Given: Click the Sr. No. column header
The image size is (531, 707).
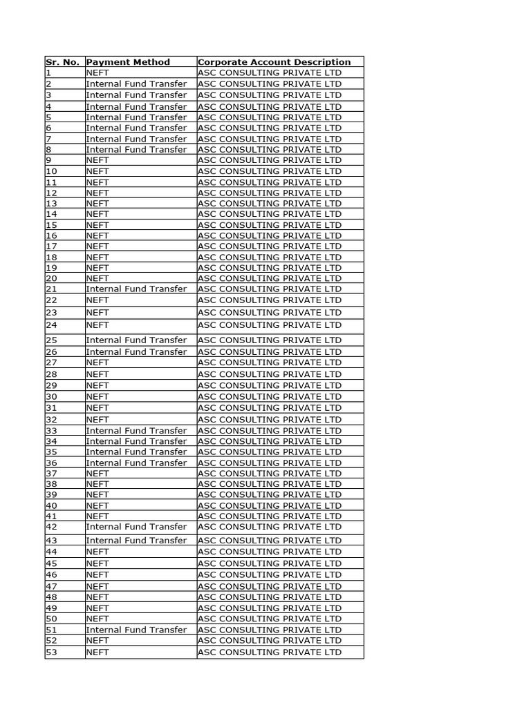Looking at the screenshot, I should point(63,62).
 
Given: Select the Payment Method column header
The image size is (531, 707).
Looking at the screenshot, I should point(128,62).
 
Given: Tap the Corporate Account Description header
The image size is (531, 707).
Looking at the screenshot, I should point(274,62).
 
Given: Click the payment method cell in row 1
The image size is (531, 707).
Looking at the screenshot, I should point(97,72).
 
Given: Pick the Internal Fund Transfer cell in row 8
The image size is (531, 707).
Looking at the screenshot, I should point(136,149).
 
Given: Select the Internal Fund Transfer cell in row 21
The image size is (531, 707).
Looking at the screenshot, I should point(136,289).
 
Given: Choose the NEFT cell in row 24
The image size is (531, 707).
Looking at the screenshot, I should point(97,325).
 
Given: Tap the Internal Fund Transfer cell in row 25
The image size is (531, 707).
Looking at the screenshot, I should point(136,340).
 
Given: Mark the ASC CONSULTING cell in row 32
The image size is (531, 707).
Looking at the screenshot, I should point(270,419).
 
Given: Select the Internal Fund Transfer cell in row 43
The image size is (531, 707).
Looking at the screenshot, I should point(136,540).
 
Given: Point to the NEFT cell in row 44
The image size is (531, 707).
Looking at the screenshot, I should point(97,552).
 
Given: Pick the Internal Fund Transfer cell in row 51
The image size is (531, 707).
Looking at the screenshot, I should point(136,630).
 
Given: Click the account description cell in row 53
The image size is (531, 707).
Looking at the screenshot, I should point(270,652).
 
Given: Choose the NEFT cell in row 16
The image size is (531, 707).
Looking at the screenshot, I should point(97,235).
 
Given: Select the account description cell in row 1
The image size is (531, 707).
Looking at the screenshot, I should point(270,72).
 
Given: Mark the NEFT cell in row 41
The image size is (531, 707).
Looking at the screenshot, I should point(97,516).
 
